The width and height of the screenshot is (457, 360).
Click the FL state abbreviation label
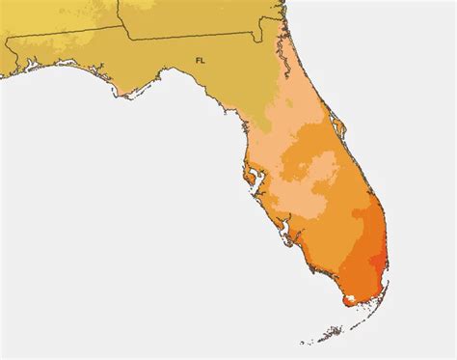pyautogui.click(x=200, y=60)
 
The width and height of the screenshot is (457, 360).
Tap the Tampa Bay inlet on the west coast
pyautogui.click(x=252, y=178)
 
